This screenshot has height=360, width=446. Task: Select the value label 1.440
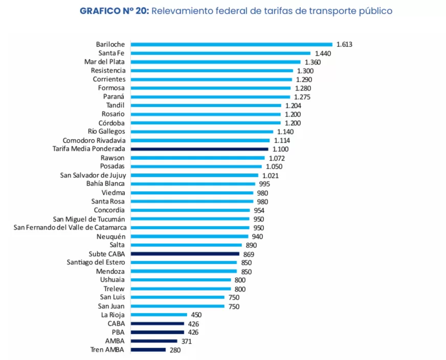(322, 53)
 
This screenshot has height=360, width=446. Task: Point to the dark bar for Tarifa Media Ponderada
(199, 149)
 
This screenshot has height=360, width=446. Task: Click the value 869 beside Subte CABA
(249, 254)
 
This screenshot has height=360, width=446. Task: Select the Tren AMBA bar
(148, 350)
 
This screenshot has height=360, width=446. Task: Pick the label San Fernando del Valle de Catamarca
(70, 227)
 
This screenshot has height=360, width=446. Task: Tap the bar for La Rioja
(159, 315)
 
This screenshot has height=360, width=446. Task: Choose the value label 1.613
(344, 44)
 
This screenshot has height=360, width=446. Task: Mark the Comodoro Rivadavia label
(94, 140)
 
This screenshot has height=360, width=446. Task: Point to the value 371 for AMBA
(187, 341)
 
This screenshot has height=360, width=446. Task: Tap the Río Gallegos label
(106, 131)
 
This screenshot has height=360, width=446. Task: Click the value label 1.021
(271, 175)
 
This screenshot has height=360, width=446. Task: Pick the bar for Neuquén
(189, 236)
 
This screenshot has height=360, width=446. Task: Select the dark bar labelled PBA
(158, 332)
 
